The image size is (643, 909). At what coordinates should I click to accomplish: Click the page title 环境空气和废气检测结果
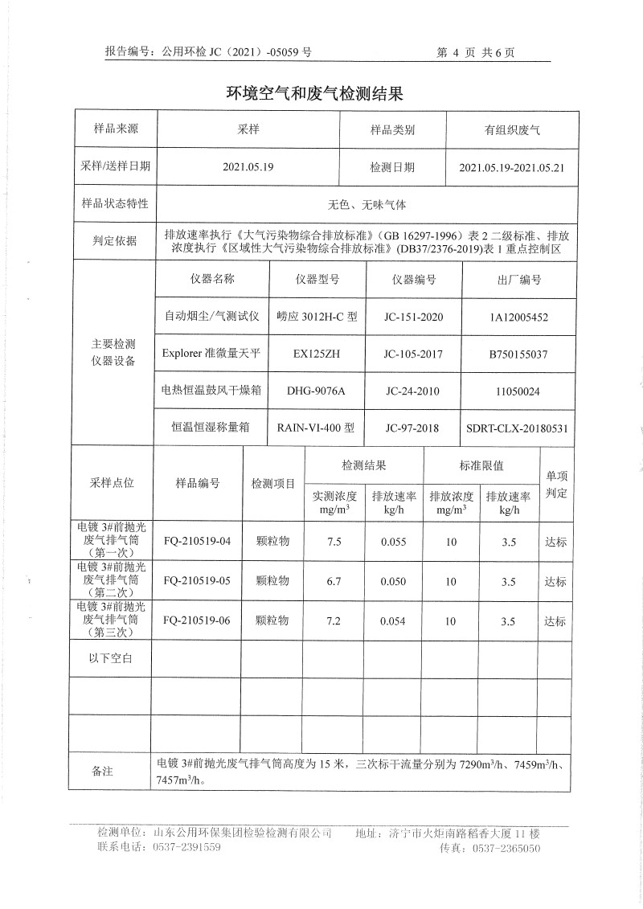coord(314,94)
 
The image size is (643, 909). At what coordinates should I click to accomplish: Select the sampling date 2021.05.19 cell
coord(248,168)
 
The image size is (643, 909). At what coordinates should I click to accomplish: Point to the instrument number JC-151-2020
coord(414,317)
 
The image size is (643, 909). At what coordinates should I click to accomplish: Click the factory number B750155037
coord(518,354)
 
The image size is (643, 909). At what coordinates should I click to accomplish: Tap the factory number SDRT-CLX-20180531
coord(518,429)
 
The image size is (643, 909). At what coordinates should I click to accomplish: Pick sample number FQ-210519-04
coord(197,541)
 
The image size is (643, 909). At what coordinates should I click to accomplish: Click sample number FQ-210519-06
coord(197,620)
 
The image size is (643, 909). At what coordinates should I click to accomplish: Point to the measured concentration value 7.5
coord(335,542)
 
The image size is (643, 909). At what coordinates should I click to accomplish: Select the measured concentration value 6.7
coord(335,581)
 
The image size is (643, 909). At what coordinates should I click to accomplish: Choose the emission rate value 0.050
coord(394,581)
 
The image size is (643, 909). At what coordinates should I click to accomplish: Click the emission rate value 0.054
coord(394,621)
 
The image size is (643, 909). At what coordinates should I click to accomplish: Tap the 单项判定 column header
coord(556,485)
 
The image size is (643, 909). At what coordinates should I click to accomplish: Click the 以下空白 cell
coord(110,659)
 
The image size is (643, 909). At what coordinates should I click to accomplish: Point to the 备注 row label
coord(102,772)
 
